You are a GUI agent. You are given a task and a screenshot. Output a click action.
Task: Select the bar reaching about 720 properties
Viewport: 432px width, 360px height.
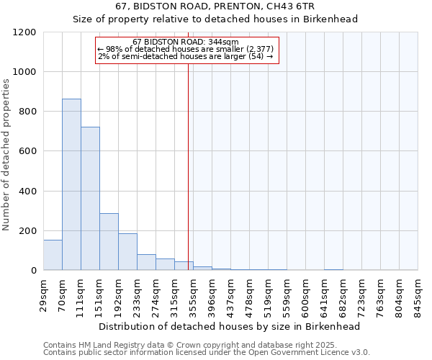pos(90,199)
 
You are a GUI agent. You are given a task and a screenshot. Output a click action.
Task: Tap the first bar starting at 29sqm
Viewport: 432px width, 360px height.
pos(53,255)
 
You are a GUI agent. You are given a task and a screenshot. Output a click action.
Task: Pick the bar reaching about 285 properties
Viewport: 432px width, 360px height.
pos(109,242)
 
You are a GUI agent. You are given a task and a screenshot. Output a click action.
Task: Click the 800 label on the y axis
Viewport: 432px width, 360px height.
pos(27,112)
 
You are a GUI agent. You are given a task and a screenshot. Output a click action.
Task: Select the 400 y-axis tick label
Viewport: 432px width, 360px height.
pos(27,192)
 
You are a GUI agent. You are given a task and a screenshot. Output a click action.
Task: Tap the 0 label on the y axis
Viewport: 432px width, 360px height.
pos(33,271)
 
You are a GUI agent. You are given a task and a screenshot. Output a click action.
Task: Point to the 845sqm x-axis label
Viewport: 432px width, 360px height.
pos(419,296)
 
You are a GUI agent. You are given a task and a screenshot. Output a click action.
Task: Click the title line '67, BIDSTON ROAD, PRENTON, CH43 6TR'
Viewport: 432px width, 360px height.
pos(215,6)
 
